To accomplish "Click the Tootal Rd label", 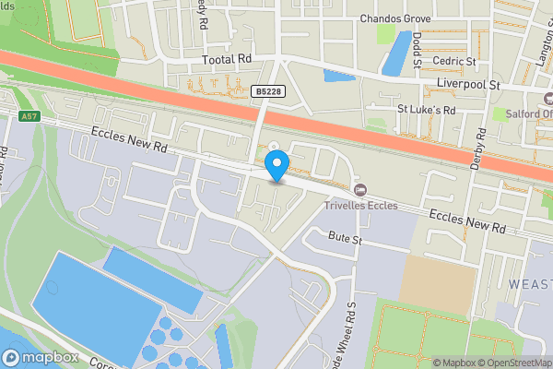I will tap(227, 59).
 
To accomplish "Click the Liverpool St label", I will tap(467, 85).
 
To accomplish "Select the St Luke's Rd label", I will tap(427, 109).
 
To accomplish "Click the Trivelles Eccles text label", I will tap(360, 205).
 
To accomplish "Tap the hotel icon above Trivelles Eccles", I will tap(360, 189).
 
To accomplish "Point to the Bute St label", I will tap(345, 239).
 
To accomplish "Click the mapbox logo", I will tap(41, 357).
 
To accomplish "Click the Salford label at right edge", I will tap(524, 113).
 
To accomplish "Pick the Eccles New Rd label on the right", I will tap(466, 220).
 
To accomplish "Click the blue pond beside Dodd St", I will tap(397, 52).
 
